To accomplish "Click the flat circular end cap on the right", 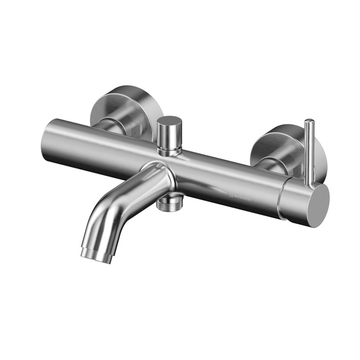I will pyautogui.click(x=315, y=201).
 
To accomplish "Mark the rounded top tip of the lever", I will pyautogui.click(x=309, y=122).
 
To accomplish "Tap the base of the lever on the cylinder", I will pyautogui.click(x=308, y=181).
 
